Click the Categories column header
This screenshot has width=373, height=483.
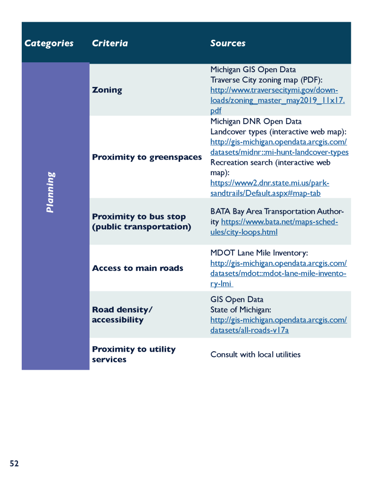tap(49, 43)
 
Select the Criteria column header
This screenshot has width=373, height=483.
tap(109, 43)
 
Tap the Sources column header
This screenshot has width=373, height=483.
tap(228, 43)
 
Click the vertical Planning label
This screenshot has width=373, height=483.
tap(50, 192)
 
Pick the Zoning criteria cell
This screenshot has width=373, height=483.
tap(107, 90)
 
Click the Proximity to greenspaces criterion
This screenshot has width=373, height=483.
tap(147, 157)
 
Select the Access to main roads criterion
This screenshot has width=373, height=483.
tap(137, 268)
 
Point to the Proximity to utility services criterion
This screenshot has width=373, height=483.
tap(133, 354)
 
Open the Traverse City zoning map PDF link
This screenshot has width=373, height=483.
tap(277, 100)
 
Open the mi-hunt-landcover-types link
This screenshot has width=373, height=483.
tap(279, 147)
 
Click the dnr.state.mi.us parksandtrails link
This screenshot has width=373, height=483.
tap(269, 188)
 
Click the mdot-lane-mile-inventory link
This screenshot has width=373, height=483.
tap(278, 273)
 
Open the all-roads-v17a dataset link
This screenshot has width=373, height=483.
tap(278, 325)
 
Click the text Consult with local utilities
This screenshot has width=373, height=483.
tap(255, 355)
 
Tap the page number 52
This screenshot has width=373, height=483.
tap(14, 464)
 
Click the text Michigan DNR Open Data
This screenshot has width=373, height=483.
tap(256, 121)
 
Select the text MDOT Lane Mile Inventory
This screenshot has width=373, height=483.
tap(259, 253)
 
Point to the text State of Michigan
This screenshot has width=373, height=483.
tap(240, 310)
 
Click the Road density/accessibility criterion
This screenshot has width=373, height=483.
tap(122, 315)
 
